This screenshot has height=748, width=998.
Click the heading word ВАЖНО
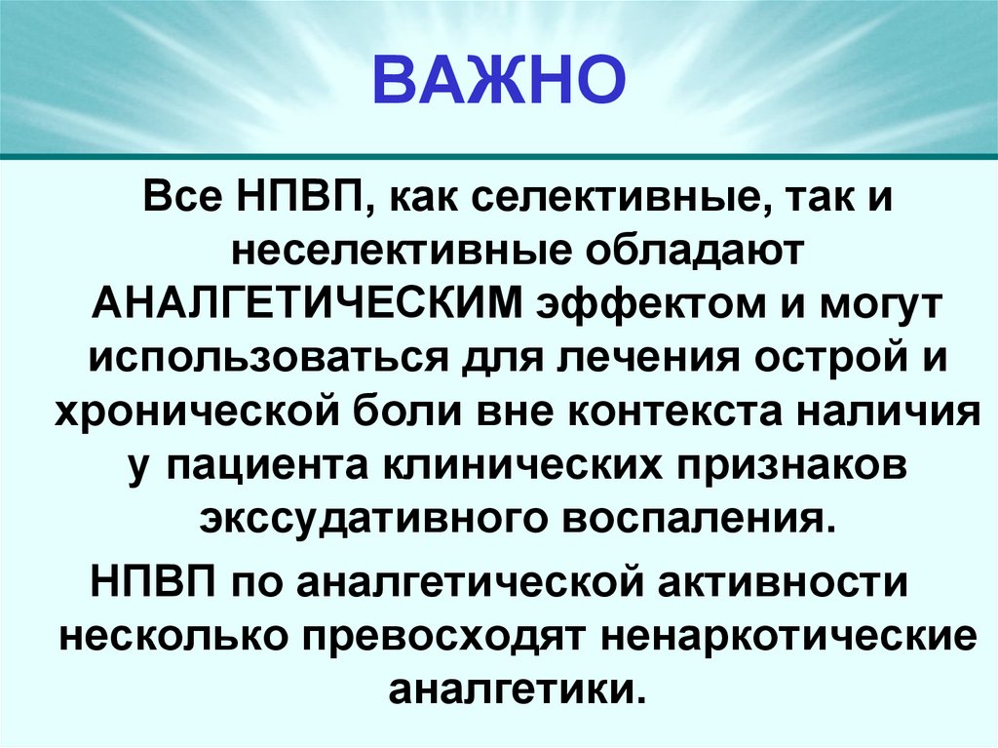[498, 81]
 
